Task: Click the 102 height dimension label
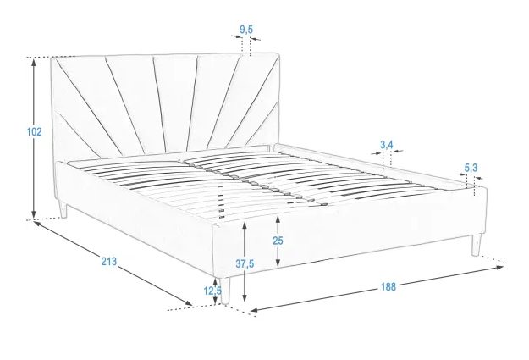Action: [x=34, y=131]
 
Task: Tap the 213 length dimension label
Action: [x=108, y=261]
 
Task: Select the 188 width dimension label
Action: [x=388, y=286]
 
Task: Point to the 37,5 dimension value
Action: [x=245, y=263]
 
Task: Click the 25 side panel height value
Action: [x=278, y=241]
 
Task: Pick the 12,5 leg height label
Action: [x=212, y=291]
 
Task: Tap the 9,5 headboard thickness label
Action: [x=246, y=30]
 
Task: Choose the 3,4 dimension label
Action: [x=387, y=145]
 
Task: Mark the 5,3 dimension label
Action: [x=471, y=168]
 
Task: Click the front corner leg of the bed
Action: [x=225, y=291]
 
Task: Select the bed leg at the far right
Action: [x=476, y=245]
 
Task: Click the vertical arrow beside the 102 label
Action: [x=33, y=138]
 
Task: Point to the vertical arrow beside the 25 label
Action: [x=278, y=241]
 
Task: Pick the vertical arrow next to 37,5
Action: [x=245, y=261]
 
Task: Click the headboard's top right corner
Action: [x=278, y=53]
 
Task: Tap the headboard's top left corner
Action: [x=52, y=58]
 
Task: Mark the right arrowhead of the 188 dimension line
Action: [x=500, y=267]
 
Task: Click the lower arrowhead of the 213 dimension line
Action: [x=188, y=303]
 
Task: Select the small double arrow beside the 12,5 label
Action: [x=215, y=291]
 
